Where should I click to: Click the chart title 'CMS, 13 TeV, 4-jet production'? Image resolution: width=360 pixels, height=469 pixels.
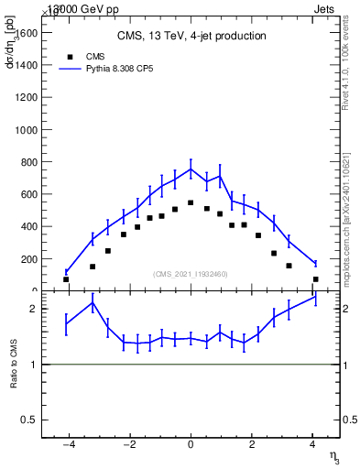191,37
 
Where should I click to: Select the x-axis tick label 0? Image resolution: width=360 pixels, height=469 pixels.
191,446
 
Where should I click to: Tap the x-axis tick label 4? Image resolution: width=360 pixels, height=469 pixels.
313,446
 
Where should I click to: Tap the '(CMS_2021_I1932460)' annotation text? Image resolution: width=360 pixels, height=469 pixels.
191,274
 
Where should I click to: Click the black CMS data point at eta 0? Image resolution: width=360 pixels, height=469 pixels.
191,202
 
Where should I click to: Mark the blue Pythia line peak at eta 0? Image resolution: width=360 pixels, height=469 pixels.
191,169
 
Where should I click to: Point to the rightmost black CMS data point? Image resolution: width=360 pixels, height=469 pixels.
315,279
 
